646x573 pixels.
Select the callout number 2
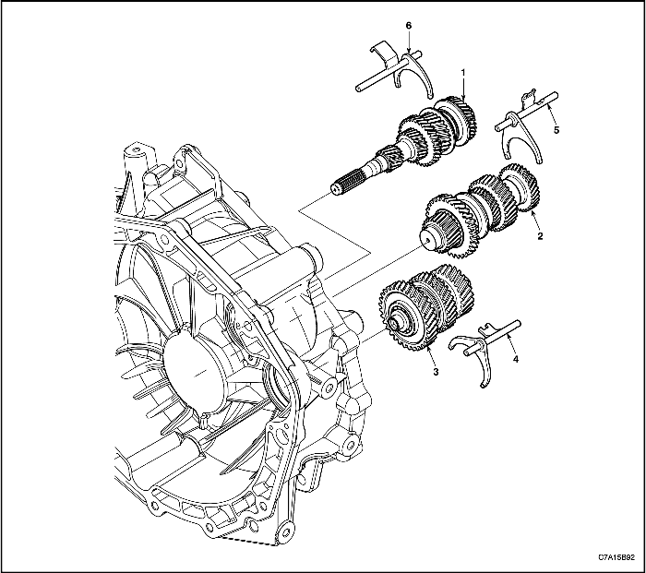pos(539,235)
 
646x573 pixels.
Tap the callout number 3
pos(435,372)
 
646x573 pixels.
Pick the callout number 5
pos(556,131)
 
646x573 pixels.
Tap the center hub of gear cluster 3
pos(401,323)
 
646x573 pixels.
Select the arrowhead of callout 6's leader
pos(409,54)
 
